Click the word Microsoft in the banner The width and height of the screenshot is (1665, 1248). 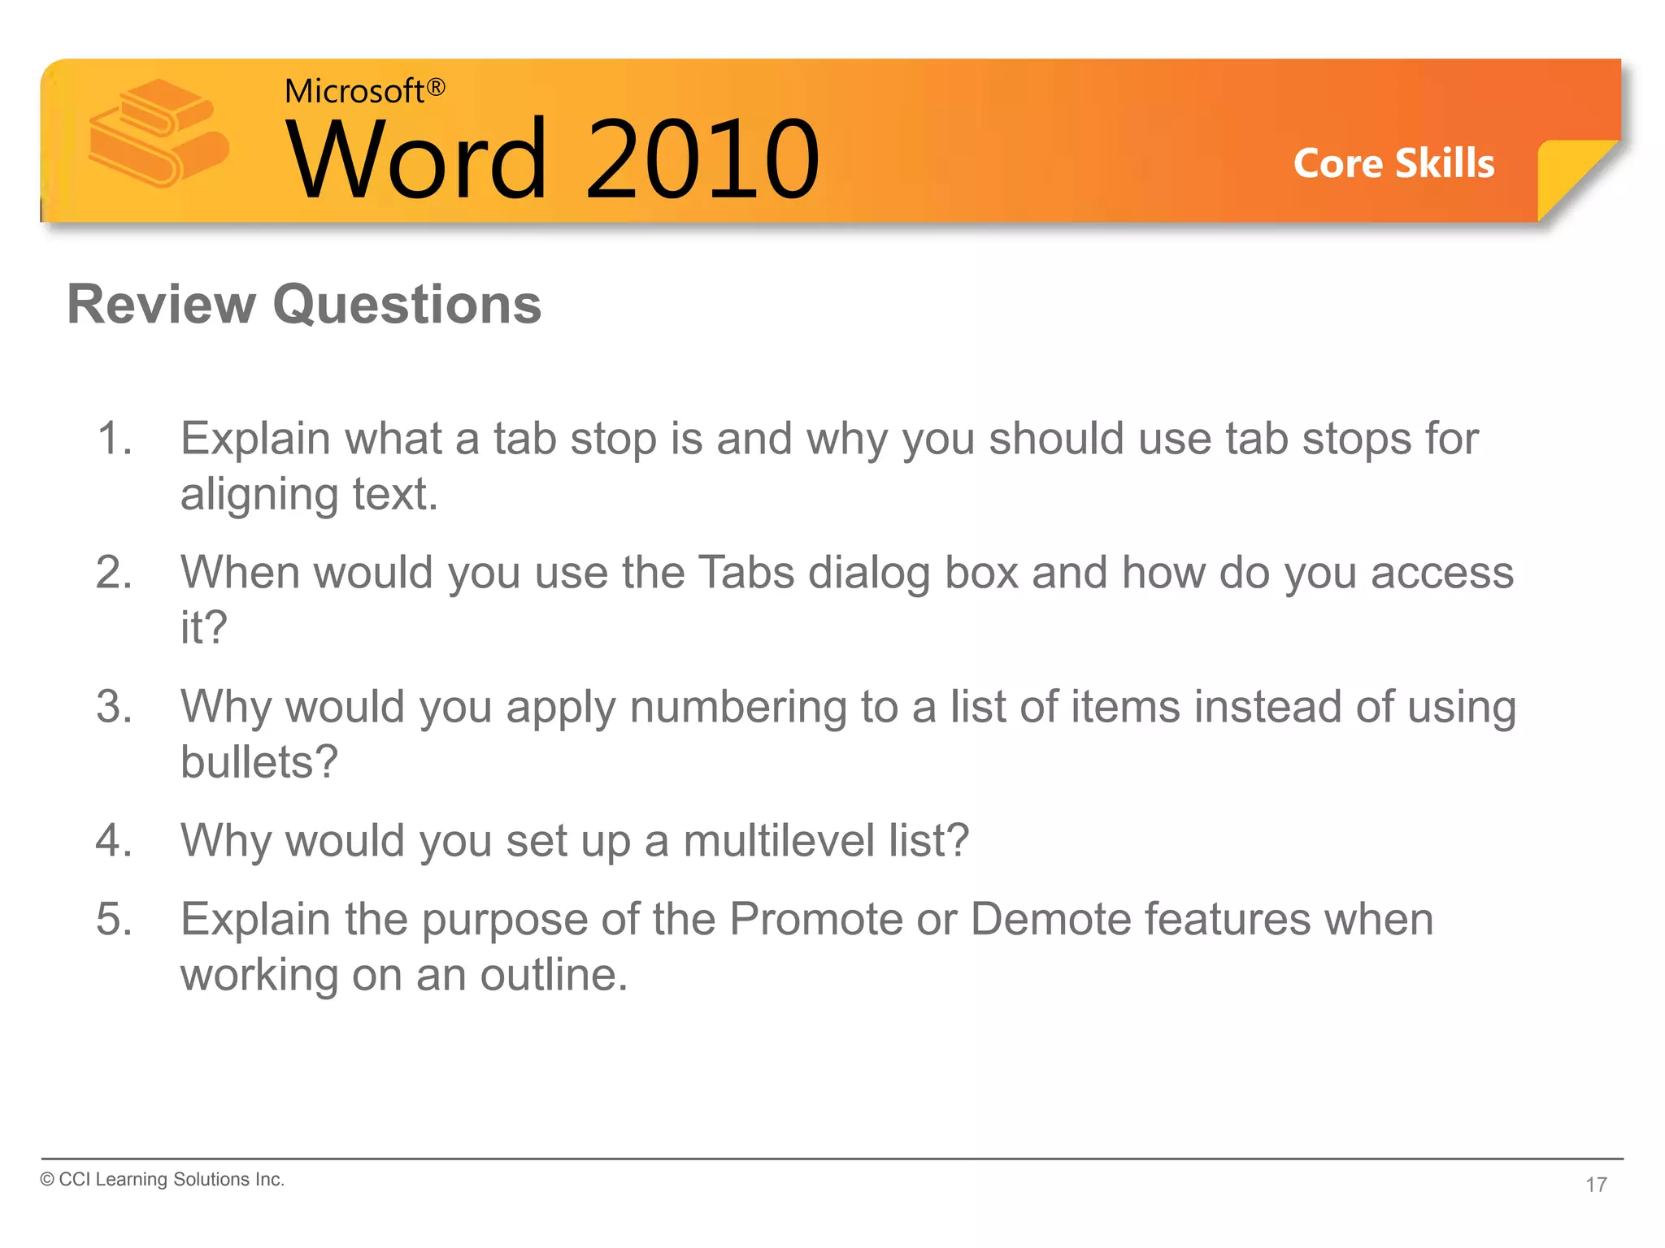[354, 91]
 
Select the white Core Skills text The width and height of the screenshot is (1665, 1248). [1393, 163]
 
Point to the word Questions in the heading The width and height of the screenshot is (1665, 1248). [406, 305]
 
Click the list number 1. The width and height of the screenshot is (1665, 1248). [114, 439]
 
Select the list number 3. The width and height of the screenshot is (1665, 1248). [114, 707]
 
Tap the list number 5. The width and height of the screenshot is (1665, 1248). [114, 920]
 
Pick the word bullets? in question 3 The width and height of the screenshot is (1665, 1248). [259, 762]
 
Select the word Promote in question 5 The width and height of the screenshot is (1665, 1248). [815, 920]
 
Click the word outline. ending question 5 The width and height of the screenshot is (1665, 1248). [554, 975]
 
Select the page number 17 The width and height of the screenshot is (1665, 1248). [1596, 1185]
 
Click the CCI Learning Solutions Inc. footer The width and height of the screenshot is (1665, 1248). [163, 1180]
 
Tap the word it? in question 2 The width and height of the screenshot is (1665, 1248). [203, 628]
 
